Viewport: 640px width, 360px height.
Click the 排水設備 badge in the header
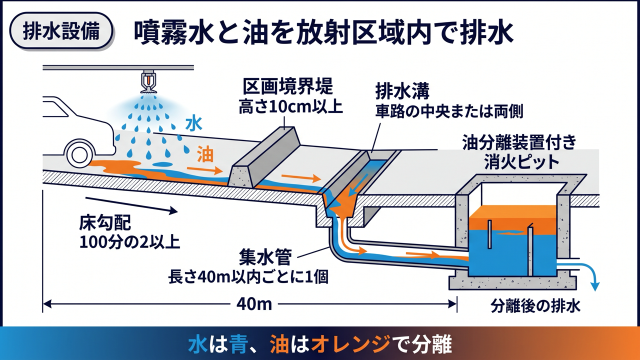61,31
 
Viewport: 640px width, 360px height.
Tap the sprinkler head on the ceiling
148,81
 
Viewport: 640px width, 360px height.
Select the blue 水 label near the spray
194,124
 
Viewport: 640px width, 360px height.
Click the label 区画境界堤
288,86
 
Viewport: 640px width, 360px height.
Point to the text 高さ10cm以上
290,107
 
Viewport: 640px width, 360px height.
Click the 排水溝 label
402,91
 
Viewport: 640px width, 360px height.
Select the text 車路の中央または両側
449,111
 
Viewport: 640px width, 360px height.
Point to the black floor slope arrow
131,205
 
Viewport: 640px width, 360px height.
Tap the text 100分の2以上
129,242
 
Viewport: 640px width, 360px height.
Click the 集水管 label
265,257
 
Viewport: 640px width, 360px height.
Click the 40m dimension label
254,304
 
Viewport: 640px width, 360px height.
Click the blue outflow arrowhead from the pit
596,286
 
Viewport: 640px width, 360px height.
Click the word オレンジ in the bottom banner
351,343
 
